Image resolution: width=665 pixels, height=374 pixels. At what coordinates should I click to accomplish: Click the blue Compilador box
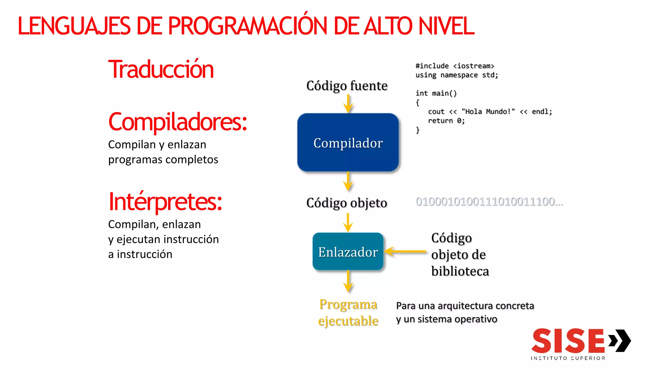coord(348,142)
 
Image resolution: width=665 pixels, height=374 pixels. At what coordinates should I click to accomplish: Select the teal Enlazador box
coord(348,252)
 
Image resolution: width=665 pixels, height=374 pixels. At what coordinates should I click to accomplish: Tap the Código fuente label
coord(347,86)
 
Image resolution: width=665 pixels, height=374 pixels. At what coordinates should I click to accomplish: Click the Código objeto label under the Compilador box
coord(347,203)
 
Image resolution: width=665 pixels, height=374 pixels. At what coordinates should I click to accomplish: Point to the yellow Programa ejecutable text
coord(348,313)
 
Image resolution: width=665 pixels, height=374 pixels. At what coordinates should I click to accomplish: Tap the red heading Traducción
coord(161,69)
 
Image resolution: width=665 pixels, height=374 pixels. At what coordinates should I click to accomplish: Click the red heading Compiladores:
coord(178,122)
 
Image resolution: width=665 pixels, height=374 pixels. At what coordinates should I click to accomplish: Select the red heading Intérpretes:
coord(165,202)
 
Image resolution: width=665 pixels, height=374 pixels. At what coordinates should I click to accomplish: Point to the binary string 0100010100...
coord(489,202)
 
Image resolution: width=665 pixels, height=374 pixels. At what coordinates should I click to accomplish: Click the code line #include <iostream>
coord(455,66)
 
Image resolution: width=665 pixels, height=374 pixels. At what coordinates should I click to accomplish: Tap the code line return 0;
coord(446,121)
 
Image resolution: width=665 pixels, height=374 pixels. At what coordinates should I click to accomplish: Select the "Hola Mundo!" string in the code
coord(488,112)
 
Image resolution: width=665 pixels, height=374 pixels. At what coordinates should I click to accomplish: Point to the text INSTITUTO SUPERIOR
coord(568,358)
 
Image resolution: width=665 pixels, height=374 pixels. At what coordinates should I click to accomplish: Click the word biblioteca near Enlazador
coord(460,271)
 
